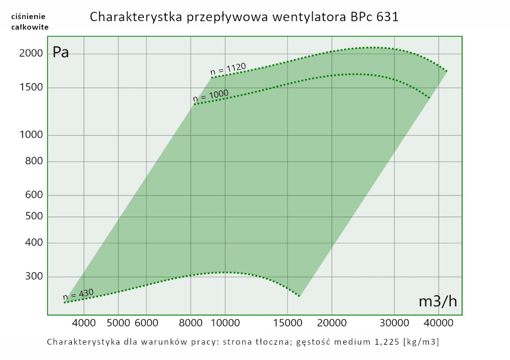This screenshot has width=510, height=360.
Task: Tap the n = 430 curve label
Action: (78, 294)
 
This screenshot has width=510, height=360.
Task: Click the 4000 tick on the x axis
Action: (84, 322)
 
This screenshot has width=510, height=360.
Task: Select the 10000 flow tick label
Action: (225, 322)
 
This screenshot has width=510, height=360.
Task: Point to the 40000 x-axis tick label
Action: (440, 322)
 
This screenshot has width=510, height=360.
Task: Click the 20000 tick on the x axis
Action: (331, 322)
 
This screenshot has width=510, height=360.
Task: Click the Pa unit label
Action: (61, 53)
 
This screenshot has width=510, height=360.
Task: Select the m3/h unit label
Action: (438, 301)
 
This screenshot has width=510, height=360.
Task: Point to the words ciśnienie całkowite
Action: (30, 21)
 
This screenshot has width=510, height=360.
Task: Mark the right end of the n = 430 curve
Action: (299, 296)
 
